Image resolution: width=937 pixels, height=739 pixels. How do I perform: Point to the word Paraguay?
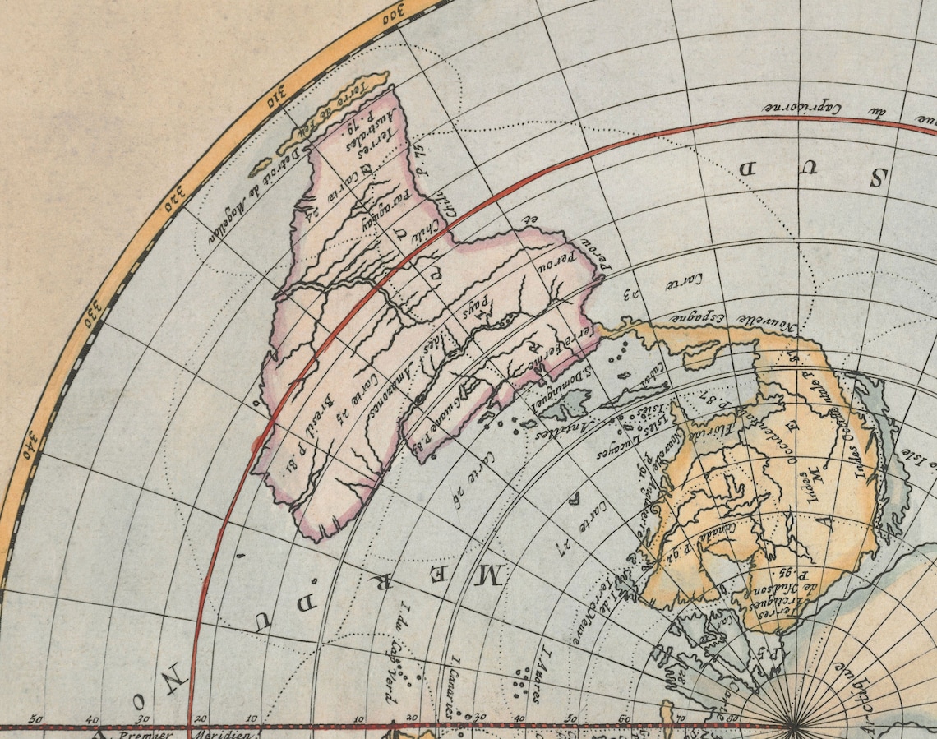[368, 212]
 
